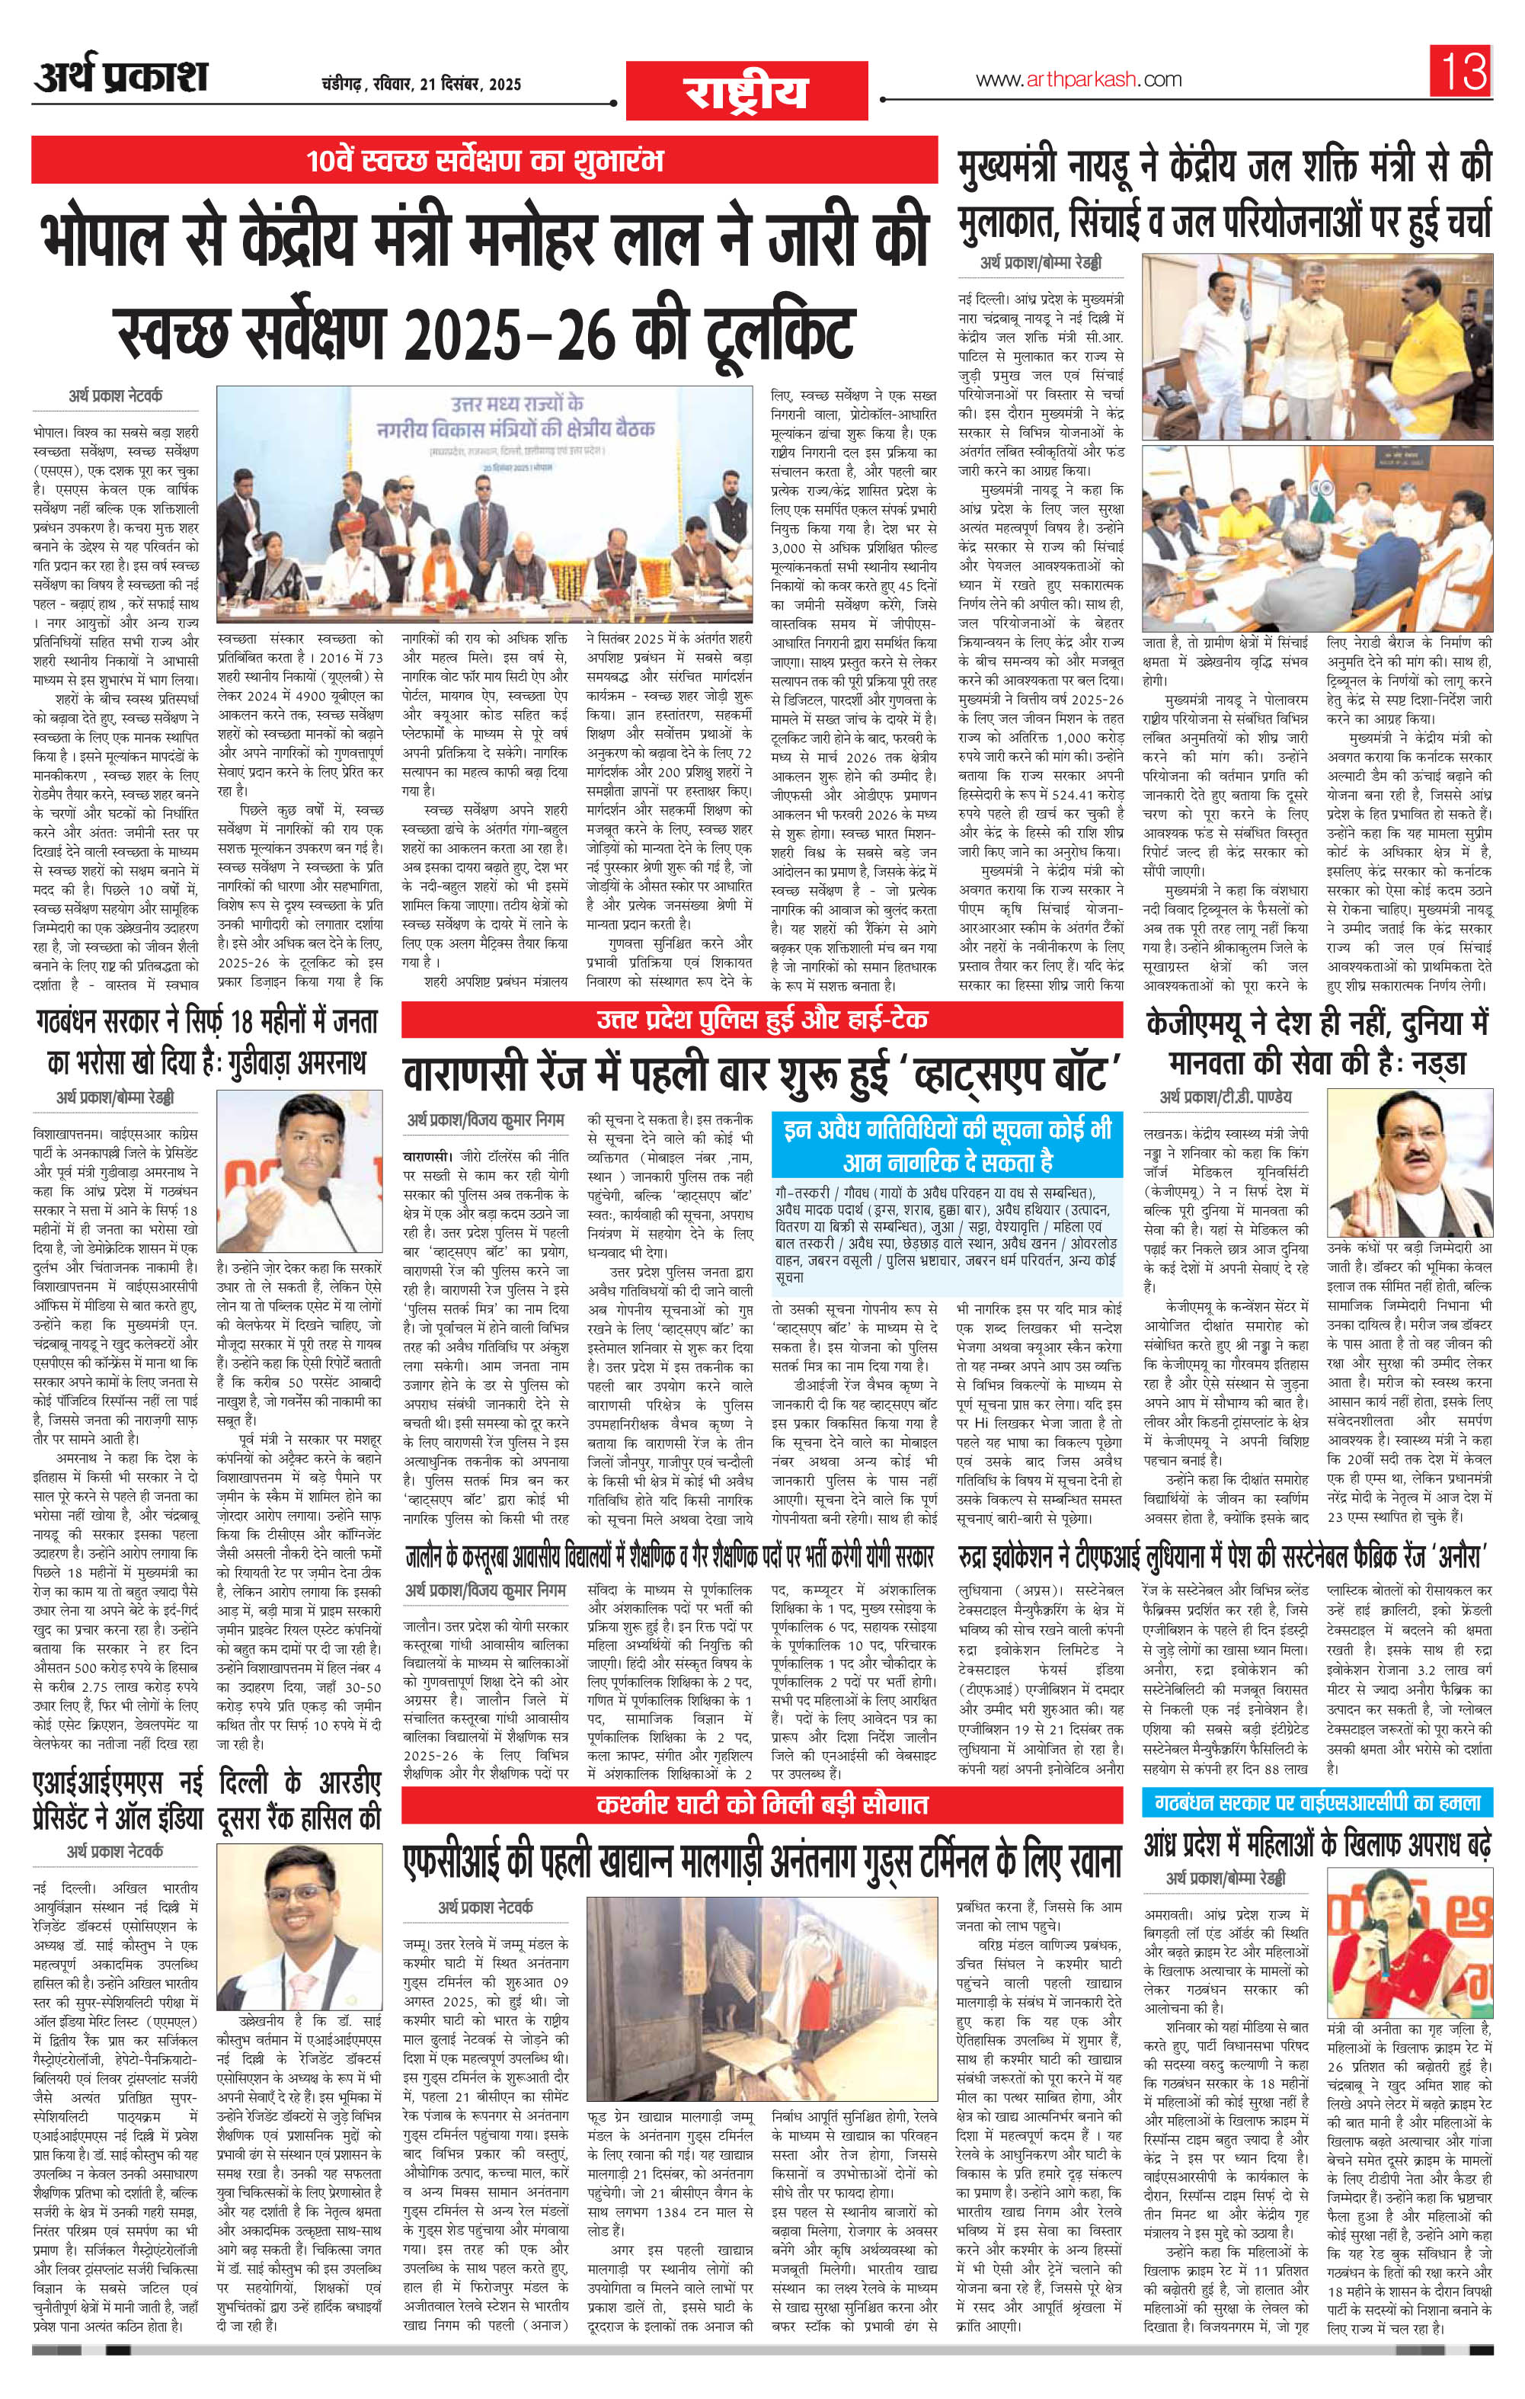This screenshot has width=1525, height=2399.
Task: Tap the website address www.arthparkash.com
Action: point(1078,80)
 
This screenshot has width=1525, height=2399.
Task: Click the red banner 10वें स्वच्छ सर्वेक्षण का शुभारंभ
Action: point(484,159)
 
